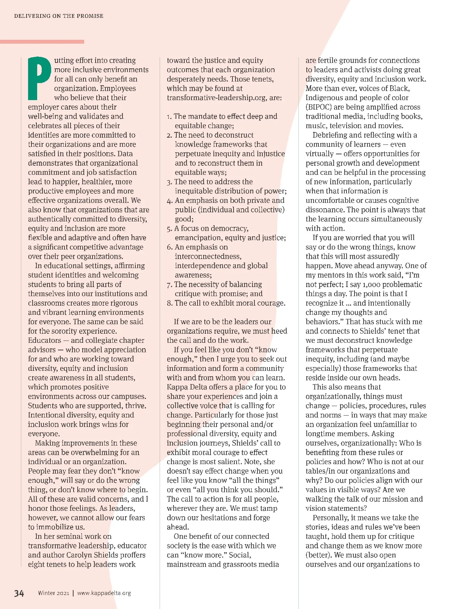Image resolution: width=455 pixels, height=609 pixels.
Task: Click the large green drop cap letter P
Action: coord(40,78)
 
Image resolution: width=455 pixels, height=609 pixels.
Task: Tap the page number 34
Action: coord(19,593)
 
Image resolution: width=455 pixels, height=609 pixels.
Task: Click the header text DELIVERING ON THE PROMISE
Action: coord(59,16)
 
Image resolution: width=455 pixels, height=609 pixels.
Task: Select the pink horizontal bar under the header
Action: coord(42,42)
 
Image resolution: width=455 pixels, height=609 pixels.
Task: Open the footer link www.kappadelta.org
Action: coord(104,593)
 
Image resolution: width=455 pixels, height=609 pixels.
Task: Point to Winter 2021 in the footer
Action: coord(53,593)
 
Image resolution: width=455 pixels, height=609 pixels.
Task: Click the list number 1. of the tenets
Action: coord(169,117)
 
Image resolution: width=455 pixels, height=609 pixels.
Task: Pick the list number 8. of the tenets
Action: coord(169,303)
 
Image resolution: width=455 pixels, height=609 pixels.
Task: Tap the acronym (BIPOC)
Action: coord(319,107)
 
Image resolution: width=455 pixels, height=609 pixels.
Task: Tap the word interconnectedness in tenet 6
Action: coord(208,257)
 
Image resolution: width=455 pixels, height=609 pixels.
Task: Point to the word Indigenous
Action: coord(325,98)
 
